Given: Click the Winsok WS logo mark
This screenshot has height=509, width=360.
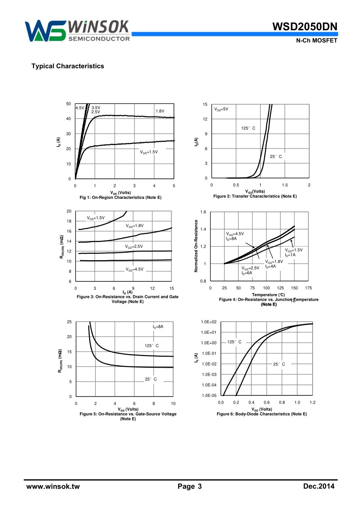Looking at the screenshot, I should [x=45, y=31].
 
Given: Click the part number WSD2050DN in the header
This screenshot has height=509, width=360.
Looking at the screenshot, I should [x=304, y=27].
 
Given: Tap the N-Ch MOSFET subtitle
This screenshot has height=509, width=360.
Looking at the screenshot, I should [x=316, y=41].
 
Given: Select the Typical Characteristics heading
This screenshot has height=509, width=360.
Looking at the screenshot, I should [x=67, y=66].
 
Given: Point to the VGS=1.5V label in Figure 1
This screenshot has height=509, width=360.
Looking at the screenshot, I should [x=149, y=152].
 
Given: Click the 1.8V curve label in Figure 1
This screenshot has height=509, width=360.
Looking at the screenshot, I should [x=160, y=111].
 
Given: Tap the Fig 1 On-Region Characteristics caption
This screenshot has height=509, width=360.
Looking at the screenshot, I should [x=121, y=197].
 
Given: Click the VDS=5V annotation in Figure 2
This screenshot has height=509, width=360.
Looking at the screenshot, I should [x=221, y=109].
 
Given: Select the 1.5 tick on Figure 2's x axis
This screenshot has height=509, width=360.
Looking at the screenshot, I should [x=285, y=185].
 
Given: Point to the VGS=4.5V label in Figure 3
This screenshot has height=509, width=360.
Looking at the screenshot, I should [x=135, y=270].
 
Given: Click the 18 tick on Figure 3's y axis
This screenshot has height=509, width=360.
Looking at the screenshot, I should [x=69, y=221].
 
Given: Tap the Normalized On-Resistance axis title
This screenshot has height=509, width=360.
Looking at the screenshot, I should [x=196, y=246].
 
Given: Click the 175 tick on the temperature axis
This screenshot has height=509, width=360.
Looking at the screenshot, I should [x=308, y=288].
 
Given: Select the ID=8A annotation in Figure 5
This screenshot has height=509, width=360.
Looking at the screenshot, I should [x=158, y=326].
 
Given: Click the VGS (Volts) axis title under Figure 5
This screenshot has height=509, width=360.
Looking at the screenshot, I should [x=128, y=409].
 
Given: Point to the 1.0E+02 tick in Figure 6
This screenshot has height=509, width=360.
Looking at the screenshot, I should [x=208, y=322].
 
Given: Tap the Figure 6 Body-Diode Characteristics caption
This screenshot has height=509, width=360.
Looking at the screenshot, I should [x=262, y=414].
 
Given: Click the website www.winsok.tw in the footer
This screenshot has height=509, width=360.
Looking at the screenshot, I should [x=53, y=487].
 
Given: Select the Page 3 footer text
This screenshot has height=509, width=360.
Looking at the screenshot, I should [x=189, y=487].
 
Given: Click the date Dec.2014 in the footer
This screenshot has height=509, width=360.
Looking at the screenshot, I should [x=319, y=486].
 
